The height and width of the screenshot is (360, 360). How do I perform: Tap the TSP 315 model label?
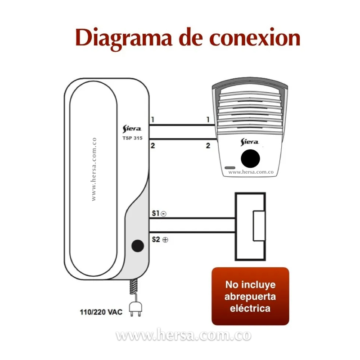pyautogui.click(x=132, y=138)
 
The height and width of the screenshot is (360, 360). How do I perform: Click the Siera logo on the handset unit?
pyautogui.click(x=132, y=129)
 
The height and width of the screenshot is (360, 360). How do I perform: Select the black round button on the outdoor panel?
pyautogui.click(x=251, y=159)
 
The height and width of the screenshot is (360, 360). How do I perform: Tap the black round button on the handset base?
pyautogui.click(x=137, y=246)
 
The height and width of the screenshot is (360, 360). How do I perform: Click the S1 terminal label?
pyautogui.click(x=155, y=213)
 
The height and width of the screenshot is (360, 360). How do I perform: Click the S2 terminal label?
pyautogui.click(x=156, y=239)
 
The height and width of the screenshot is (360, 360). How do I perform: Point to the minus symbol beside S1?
pyautogui.click(x=163, y=214)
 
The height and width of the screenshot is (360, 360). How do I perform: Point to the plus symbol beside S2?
pyautogui.click(x=165, y=240)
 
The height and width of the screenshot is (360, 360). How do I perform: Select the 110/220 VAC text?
pyautogui.click(x=101, y=311)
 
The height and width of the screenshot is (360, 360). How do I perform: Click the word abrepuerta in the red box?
pyautogui.click(x=250, y=297)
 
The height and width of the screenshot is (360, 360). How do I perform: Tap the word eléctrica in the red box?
pyautogui.click(x=250, y=308)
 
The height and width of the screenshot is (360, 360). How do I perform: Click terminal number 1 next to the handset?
pyautogui.click(x=153, y=120)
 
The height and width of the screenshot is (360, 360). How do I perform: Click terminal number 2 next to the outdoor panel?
pyautogui.click(x=208, y=145)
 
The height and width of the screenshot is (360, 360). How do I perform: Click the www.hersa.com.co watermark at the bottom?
pyautogui.click(x=183, y=336)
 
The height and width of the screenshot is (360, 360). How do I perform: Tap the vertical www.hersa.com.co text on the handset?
pyautogui.click(x=94, y=169)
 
